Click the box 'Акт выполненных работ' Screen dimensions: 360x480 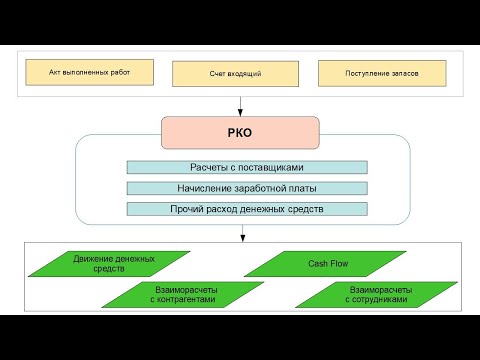point(90,72)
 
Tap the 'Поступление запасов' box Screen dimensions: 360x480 point(382,74)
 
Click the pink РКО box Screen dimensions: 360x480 point(240,129)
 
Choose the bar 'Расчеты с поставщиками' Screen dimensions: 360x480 point(247,167)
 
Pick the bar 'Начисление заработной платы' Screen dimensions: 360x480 point(247,188)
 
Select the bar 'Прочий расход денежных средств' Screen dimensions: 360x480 point(247,209)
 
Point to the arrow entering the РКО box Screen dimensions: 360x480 point(240,105)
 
